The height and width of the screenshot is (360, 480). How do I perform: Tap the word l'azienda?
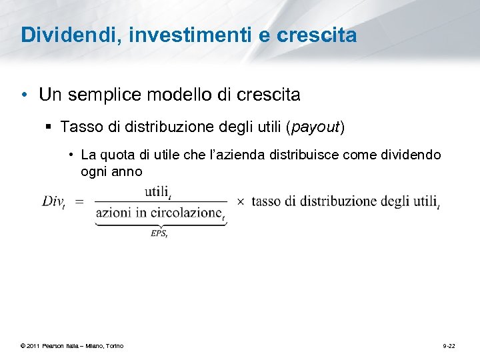[x=237, y=155]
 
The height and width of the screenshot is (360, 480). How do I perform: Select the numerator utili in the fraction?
[x=157, y=192]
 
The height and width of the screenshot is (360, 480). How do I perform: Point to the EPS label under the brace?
[x=159, y=233]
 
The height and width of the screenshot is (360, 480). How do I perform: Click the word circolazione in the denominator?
[x=187, y=213]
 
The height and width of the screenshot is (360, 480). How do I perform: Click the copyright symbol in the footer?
[x=23, y=346]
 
